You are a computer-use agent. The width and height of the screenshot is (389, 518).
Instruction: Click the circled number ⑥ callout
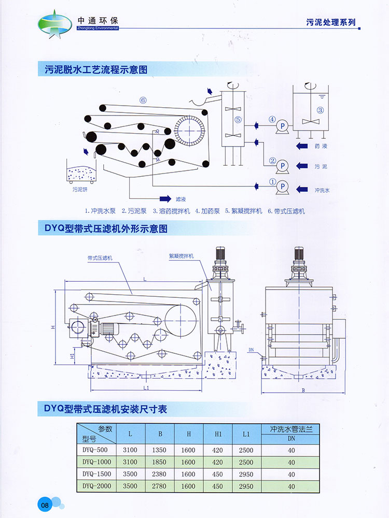(143, 100)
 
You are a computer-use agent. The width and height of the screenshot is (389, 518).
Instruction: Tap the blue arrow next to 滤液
(165, 198)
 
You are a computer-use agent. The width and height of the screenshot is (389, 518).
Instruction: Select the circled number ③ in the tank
(320, 110)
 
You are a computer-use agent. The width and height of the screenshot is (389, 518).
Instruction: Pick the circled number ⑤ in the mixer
(238, 120)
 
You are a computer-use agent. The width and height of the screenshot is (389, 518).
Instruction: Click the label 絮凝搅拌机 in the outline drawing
(181, 256)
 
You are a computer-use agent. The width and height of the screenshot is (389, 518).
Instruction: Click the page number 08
(45, 504)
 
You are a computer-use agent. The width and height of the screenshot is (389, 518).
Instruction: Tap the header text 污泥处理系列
(331, 22)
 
